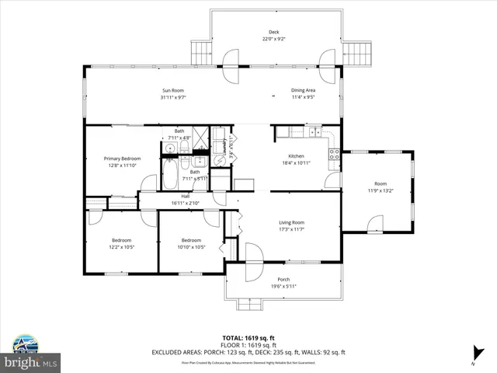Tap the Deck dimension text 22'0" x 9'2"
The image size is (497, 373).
(274, 39)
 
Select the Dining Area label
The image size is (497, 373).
(303, 90)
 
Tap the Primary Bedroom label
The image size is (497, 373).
(122, 159)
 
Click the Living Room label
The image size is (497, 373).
(292, 224)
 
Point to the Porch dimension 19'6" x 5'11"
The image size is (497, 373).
(283, 286)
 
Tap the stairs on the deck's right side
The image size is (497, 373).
(359, 54)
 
